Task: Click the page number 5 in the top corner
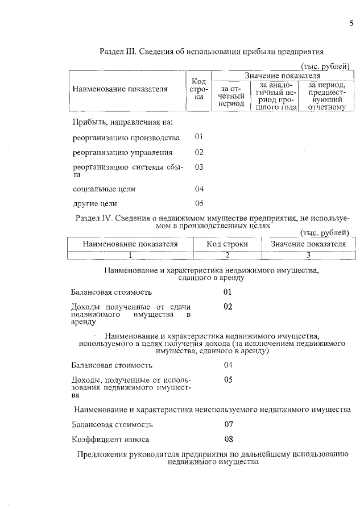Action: pyautogui.click(x=351, y=23)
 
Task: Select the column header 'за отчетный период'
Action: pyautogui.click(x=231, y=96)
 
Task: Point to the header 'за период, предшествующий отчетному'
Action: pyautogui.click(x=327, y=95)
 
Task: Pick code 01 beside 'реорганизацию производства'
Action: pyautogui.click(x=199, y=137)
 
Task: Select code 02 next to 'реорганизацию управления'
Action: pyautogui.click(x=199, y=152)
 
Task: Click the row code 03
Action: pyautogui.click(x=199, y=167)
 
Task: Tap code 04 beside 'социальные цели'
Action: pyautogui.click(x=199, y=189)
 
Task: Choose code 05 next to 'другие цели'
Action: pyautogui.click(x=199, y=203)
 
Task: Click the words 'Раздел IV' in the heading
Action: pyautogui.click(x=96, y=218)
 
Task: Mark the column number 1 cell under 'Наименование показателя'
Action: pyautogui.click(x=130, y=254)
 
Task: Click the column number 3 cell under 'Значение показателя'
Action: pyautogui.click(x=309, y=254)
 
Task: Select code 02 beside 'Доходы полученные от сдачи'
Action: pyautogui.click(x=228, y=307)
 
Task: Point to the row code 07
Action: pyautogui.click(x=228, y=424)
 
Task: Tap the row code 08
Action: pyautogui.click(x=228, y=439)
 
